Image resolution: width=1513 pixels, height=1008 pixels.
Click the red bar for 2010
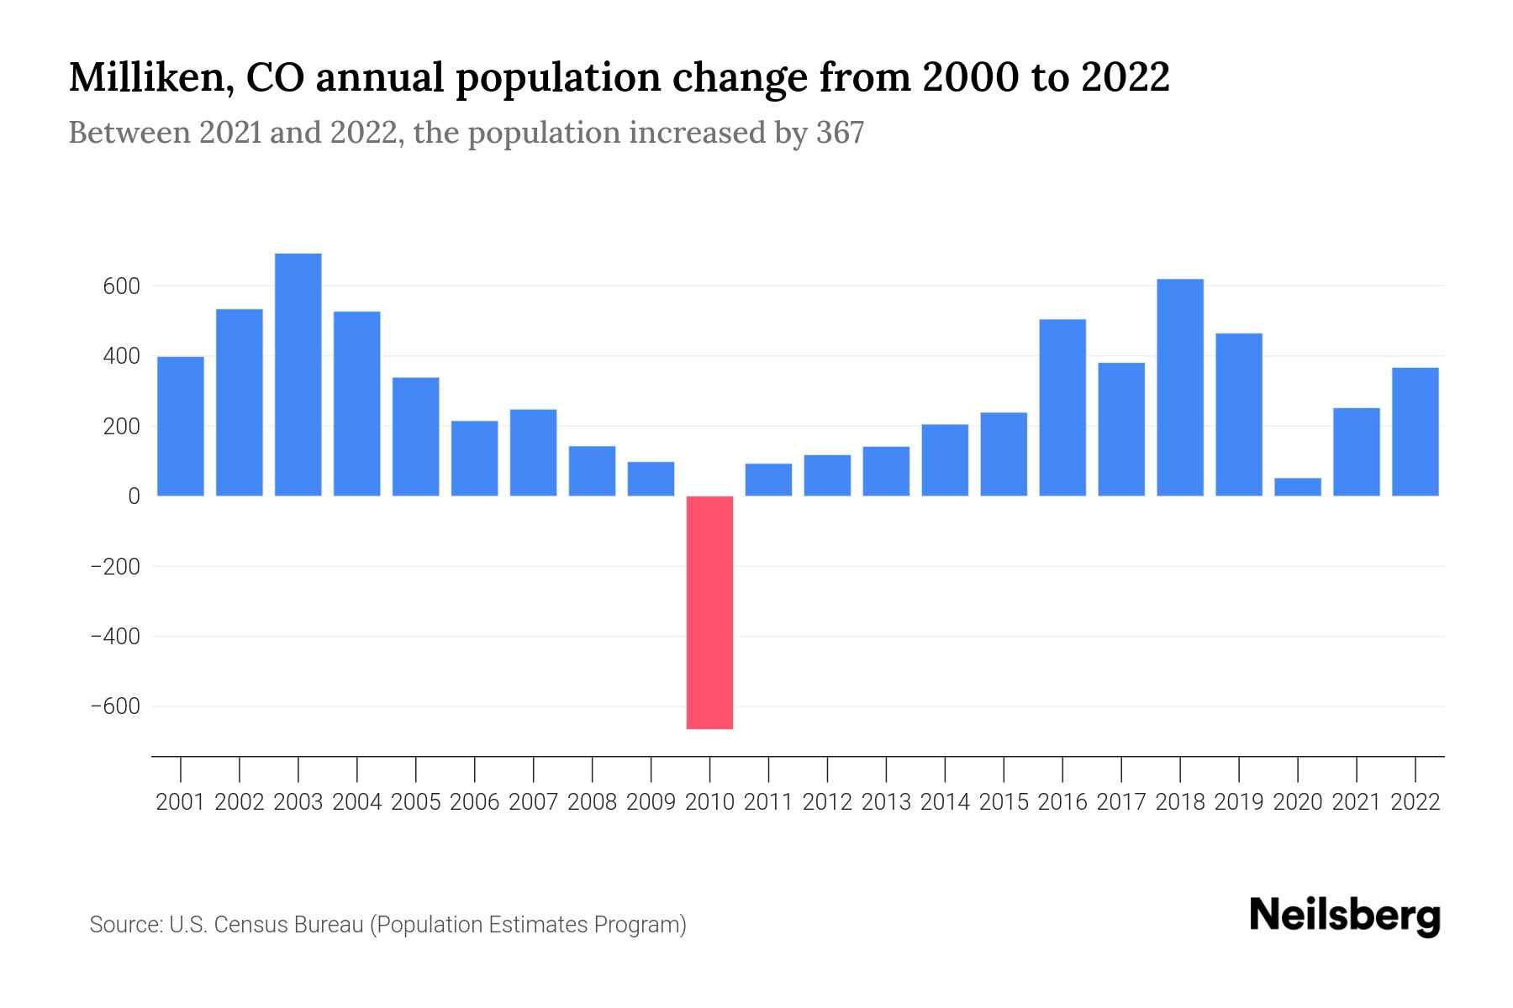(x=709, y=612)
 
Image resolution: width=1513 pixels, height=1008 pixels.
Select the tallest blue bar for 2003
(x=298, y=375)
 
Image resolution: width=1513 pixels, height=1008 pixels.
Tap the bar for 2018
(x=1180, y=387)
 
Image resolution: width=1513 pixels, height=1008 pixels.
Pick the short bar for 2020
(x=1298, y=487)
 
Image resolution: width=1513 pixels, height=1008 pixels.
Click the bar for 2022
(x=1415, y=432)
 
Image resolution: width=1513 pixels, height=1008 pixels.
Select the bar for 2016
(x=1062, y=407)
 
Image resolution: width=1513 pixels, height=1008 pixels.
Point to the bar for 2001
(x=181, y=426)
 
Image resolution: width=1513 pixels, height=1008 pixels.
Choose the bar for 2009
(x=651, y=479)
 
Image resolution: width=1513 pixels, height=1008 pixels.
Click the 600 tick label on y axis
(x=121, y=286)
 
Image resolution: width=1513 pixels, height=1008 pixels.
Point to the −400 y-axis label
(x=115, y=637)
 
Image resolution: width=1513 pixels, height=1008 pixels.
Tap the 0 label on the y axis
(x=134, y=496)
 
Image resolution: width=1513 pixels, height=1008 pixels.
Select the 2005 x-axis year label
(x=415, y=802)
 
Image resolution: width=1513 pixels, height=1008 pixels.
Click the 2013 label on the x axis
(x=886, y=802)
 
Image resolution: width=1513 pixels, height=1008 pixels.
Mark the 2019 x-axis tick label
(x=1239, y=802)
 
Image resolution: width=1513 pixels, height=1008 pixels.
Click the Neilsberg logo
(x=1345, y=916)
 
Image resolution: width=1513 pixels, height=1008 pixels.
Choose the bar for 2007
(x=533, y=452)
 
